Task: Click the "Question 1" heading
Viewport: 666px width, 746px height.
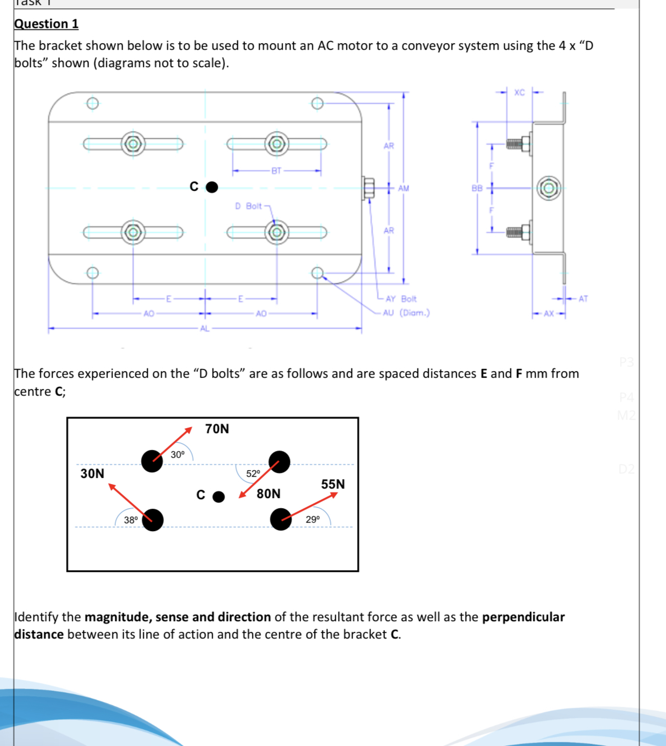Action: [46, 24]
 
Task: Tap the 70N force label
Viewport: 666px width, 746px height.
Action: [217, 429]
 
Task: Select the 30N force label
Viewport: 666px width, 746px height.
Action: [92, 474]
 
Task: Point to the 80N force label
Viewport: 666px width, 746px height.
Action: [269, 494]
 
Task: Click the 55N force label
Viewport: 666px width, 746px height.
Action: [333, 485]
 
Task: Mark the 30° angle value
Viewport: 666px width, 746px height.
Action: [177, 455]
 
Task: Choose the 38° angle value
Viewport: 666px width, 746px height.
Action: [131, 520]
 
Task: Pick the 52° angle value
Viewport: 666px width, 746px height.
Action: [254, 474]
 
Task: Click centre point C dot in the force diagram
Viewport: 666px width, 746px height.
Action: [219, 497]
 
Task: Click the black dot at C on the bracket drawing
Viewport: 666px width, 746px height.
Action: [212, 187]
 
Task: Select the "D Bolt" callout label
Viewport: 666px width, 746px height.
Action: [248, 207]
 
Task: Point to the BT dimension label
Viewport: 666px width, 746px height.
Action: [276, 171]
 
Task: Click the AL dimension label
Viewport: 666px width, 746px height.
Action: [204, 329]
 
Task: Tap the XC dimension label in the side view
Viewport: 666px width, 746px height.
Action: [519, 92]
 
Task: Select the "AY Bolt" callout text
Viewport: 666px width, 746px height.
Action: [401, 299]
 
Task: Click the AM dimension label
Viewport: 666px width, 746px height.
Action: [404, 189]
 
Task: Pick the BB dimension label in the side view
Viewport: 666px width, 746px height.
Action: [477, 189]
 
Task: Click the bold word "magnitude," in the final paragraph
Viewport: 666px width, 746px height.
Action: [118, 617]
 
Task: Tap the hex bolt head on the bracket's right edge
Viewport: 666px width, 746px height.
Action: [368, 188]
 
